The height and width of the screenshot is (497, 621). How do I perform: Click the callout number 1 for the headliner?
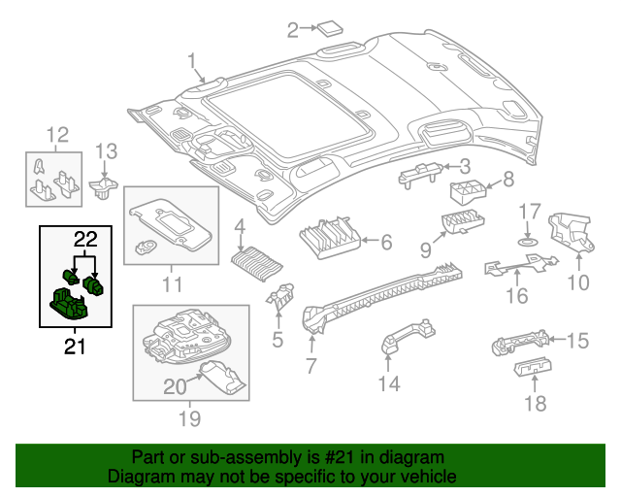(192, 62)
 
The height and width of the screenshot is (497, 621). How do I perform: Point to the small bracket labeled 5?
(280, 299)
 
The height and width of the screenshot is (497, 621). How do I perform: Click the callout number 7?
(310, 366)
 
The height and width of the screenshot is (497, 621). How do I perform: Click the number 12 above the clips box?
(58, 134)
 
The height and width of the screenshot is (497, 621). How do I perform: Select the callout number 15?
(577, 341)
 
